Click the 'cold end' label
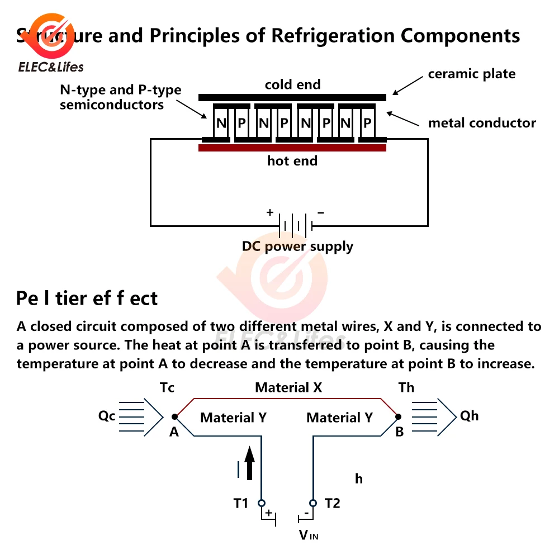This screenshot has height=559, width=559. [x=292, y=84]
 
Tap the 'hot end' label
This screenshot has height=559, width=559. [x=292, y=161]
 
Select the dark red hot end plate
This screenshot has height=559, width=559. [x=292, y=148]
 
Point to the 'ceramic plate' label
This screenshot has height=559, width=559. [x=471, y=74]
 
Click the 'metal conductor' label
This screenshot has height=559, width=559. [x=482, y=123]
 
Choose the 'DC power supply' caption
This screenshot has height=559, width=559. [x=297, y=247]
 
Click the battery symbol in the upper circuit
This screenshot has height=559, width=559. [x=295, y=226]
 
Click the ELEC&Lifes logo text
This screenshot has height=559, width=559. [x=51, y=67]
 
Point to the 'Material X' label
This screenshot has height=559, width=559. [x=288, y=387]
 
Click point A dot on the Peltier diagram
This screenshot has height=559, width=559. [x=174, y=416]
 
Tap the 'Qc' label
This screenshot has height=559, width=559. [x=107, y=416]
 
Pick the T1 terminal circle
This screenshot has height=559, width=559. [x=261, y=503]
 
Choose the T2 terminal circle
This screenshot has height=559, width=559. [x=312, y=503]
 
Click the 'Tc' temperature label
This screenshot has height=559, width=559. [x=168, y=387]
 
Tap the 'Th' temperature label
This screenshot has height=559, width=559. [x=406, y=387]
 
